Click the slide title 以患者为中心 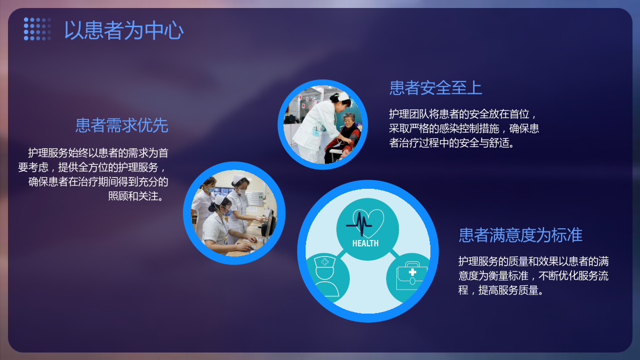(x=124, y=30)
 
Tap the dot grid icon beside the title (x=37, y=29)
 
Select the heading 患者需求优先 (x=122, y=125)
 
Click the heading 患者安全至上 (x=436, y=87)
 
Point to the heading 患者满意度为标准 (x=521, y=235)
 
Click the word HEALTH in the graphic (x=365, y=243)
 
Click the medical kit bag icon (x=411, y=276)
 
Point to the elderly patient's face (x=349, y=120)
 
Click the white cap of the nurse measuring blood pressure (x=343, y=97)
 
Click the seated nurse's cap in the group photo (x=219, y=199)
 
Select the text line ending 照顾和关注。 (x=137, y=196)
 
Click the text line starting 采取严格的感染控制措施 (x=464, y=129)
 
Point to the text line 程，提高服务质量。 (x=501, y=290)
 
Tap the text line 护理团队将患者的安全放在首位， (x=463, y=114)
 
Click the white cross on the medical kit (x=412, y=272)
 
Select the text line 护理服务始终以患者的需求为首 (x=98, y=153)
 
